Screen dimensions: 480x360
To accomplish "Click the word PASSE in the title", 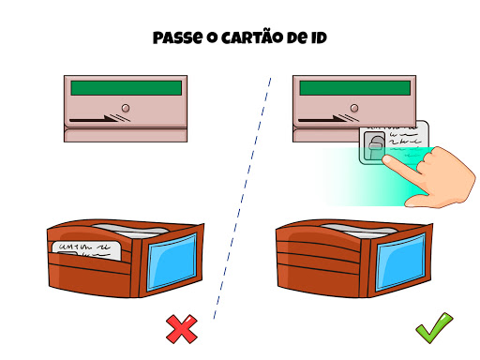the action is coord(177,38).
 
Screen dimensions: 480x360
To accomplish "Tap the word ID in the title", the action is coord(319,38).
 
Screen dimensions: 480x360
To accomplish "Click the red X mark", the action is coord(182,329).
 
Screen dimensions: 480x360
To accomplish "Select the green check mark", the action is coord(434,328).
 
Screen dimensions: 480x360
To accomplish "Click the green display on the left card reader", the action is coord(127,88).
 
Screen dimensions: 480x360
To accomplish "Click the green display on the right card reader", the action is coord(355,88).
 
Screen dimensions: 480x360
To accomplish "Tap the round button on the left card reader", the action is coord(126,108).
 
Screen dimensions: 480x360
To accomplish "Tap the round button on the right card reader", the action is coord(354,108).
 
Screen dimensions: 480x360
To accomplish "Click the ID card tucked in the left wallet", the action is coord(86,250).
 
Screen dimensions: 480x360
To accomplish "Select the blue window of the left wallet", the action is coord(172,262).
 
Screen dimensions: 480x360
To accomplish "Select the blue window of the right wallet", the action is coord(400,262).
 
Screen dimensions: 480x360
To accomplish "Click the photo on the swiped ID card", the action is coord(374,147).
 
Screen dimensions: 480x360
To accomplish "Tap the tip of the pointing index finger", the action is coord(386,159).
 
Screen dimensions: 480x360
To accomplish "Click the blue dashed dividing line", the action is coord(242,199).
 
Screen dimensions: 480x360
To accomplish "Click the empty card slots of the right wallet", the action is coord(319,255).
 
